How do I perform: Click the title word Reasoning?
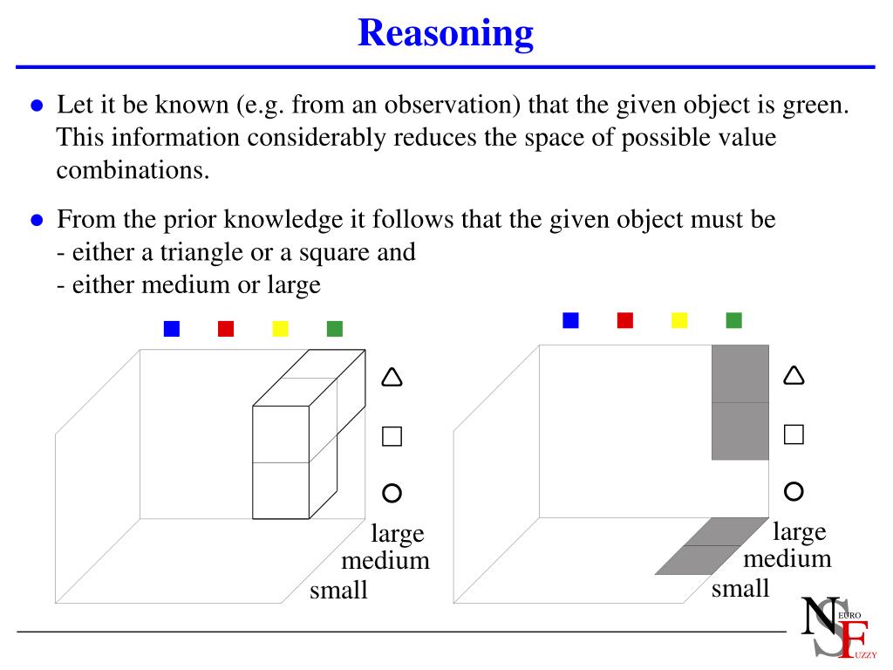(446, 34)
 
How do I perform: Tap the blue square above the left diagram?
(172, 329)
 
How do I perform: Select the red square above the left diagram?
(226, 329)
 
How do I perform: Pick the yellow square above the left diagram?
(280, 329)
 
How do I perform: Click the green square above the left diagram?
(335, 329)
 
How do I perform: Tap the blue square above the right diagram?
(571, 320)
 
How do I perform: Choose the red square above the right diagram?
(624, 320)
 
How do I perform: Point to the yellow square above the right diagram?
(679, 320)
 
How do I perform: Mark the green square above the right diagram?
(733, 320)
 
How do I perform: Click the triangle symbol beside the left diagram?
(392, 377)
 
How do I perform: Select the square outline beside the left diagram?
(392, 436)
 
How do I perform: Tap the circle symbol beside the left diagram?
(392, 493)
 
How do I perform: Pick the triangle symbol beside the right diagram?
(794, 375)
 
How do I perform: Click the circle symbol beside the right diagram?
(794, 491)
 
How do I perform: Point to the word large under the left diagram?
(398, 534)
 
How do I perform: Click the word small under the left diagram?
(338, 591)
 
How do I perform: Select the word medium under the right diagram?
(787, 558)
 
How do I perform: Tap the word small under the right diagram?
(740, 589)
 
